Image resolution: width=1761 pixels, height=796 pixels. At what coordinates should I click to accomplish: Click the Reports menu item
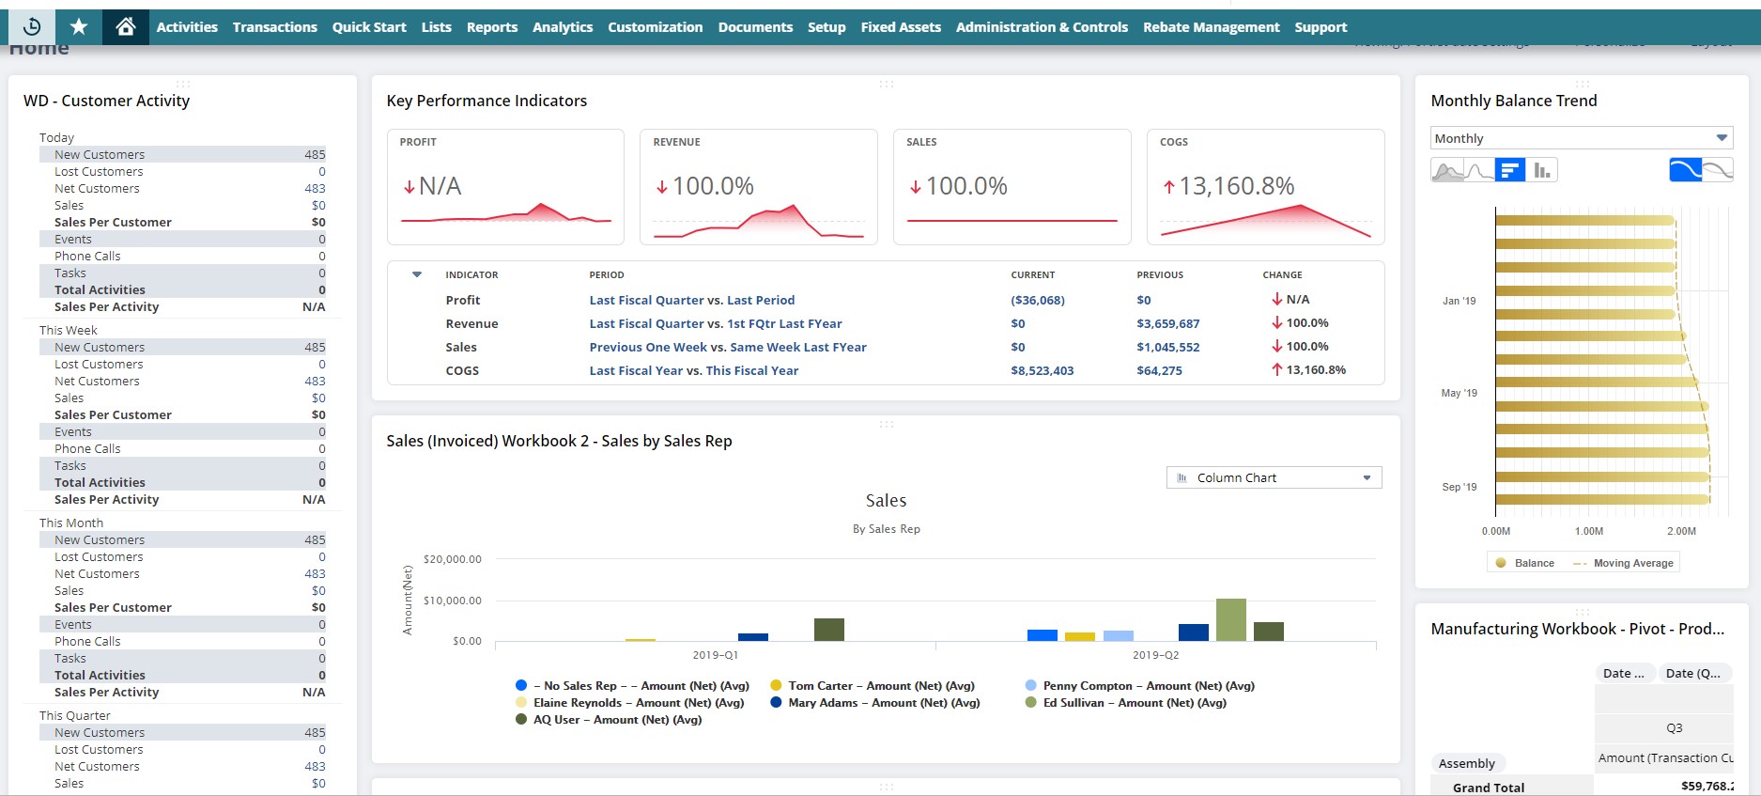491,27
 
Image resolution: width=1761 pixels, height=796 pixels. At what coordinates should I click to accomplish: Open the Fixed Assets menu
900,27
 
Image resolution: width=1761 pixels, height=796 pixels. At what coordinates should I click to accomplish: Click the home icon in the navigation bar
125,27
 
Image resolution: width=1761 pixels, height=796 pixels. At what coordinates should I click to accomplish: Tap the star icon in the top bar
79,27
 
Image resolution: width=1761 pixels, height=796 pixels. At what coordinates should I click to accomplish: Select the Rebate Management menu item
1211,27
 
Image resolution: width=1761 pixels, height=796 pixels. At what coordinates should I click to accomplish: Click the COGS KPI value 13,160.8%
1236,186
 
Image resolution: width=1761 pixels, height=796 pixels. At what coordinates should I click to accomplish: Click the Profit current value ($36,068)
1037,301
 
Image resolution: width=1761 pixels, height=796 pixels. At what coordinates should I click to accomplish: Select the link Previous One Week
648,348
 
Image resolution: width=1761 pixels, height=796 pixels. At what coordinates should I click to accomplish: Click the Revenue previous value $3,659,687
1167,324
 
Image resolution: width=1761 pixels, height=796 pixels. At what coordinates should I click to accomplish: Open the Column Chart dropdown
1273,477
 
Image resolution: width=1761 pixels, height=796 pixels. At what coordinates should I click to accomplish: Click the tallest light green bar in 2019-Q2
1230,620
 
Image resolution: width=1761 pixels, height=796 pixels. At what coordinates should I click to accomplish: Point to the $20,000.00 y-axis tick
452,559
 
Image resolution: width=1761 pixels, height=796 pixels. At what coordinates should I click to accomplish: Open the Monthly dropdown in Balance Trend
1581,138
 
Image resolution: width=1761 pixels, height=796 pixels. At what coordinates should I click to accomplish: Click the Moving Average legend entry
1632,563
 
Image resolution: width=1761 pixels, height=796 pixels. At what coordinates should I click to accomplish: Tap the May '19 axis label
1459,393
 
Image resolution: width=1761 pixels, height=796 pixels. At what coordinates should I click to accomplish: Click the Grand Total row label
1488,788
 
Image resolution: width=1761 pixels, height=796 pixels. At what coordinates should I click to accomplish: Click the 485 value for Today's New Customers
315,155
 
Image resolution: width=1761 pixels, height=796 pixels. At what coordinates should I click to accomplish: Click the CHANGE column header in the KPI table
1282,275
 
